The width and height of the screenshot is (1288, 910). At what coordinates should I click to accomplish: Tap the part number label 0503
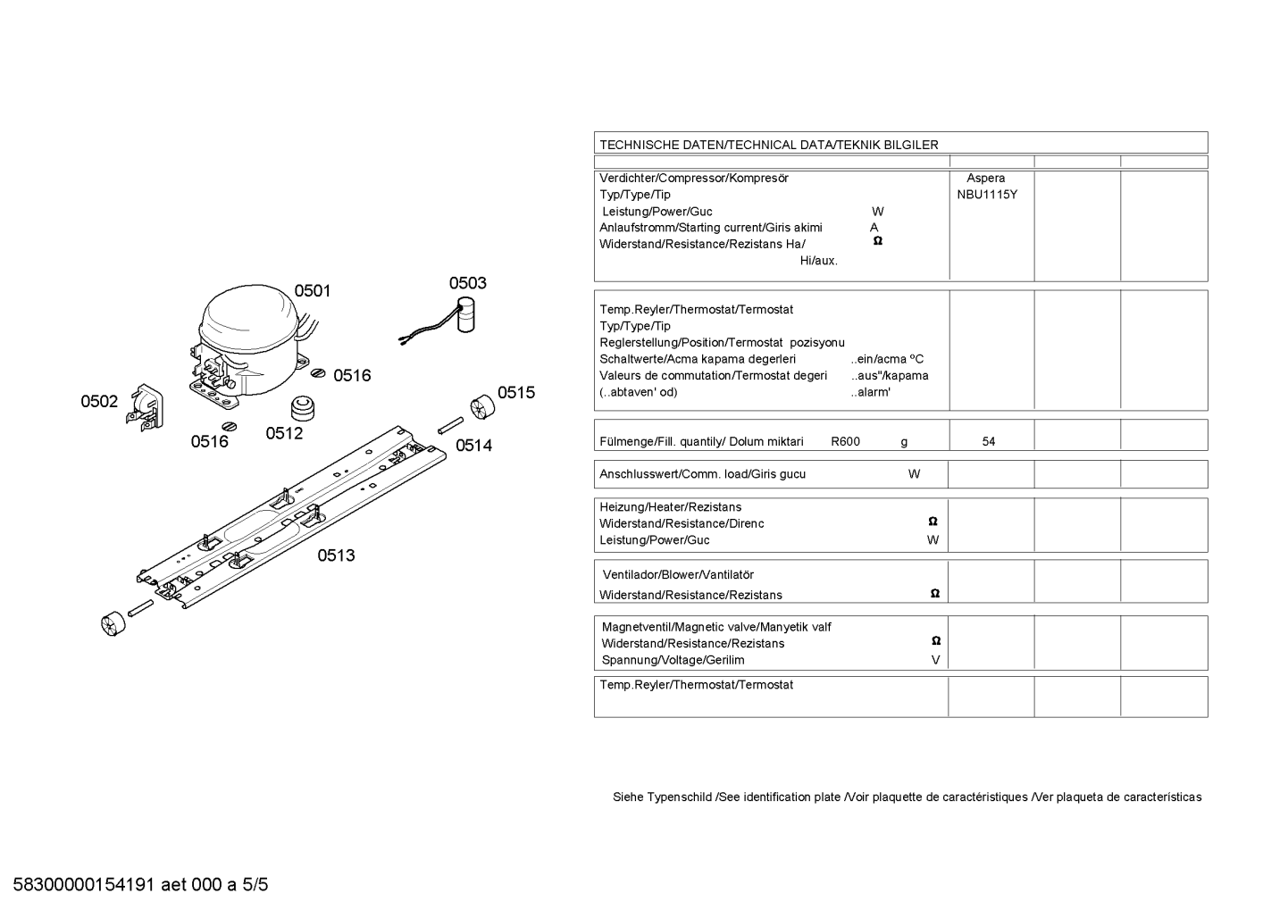(467, 283)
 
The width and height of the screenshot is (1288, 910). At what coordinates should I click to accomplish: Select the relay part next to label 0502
(146, 410)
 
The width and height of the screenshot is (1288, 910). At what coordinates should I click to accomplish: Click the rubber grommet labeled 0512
(305, 407)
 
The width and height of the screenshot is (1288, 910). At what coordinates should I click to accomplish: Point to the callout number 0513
(336, 555)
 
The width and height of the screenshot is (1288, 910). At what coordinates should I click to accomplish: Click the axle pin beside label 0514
(450, 425)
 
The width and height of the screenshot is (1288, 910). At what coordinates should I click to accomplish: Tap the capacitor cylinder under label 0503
(465, 319)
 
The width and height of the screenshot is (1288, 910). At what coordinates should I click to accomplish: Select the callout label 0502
(99, 402)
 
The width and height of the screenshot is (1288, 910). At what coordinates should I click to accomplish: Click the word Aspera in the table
(985, 178)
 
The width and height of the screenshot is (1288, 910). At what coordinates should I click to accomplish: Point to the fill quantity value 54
(988, 441)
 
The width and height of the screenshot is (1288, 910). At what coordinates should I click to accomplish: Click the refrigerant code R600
(845, 441)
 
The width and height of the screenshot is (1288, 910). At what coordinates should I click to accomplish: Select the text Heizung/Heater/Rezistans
(670, 507)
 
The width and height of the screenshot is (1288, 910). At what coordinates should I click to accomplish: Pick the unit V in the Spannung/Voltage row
(935, 660)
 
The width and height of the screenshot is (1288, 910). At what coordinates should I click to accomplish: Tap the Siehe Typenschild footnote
(907, 797)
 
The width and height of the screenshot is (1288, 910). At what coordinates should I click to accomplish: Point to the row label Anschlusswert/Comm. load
(702, 474)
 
